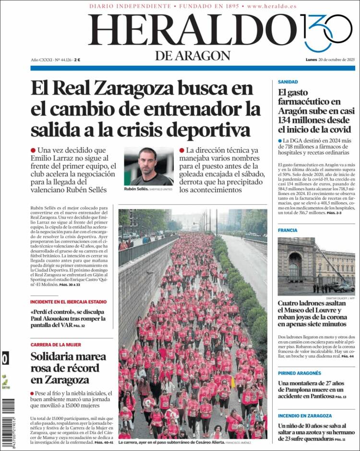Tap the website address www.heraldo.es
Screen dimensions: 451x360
tap(272, 6)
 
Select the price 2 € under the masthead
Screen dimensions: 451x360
tap(77, 60)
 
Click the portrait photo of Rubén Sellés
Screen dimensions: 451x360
tap(148, 166)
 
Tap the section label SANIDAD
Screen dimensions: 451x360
tap(288, 82)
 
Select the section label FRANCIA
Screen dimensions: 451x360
tap(288, 231)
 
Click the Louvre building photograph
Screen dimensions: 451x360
tap(316, 266)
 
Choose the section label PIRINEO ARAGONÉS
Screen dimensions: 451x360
tap(299, 373)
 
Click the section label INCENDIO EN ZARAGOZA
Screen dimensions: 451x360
tap(304, 416)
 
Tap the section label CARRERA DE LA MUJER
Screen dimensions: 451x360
tap(56, 345)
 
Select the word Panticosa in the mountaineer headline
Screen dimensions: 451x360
tap(316, 397)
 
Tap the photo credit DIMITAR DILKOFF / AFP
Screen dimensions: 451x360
tap(341, 298)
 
